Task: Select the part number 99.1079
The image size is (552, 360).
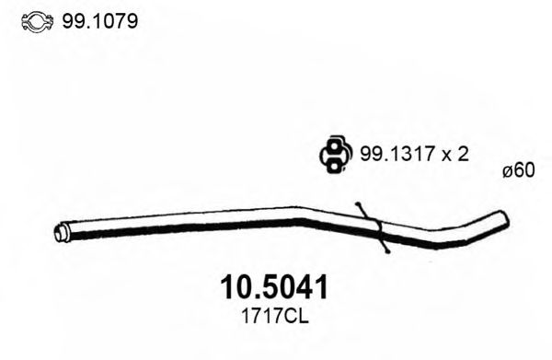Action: point(99,20)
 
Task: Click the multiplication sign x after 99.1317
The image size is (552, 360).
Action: point(445,156)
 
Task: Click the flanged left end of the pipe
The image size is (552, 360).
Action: point(63,233)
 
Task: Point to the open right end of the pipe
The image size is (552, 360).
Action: point(501,219)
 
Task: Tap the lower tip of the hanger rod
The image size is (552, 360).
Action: point(388,251)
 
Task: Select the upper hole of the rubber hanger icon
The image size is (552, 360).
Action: point(334,147)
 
